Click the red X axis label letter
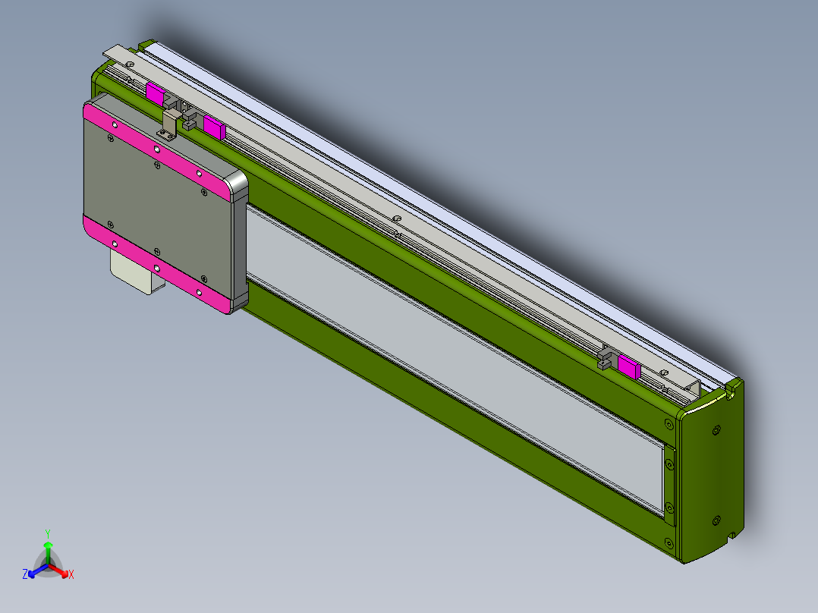click(71, 575)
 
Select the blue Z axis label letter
click(25, 575)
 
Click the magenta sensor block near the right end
click(629, 366)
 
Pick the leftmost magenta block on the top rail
click(156, 95)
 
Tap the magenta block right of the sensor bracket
click(214, 127)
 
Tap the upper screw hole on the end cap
click(717, 430)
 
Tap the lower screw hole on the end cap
click(717, 520)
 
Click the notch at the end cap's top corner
click(733, 390)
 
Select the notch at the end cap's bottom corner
click(733, 536)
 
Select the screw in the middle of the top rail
click(397, 219)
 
